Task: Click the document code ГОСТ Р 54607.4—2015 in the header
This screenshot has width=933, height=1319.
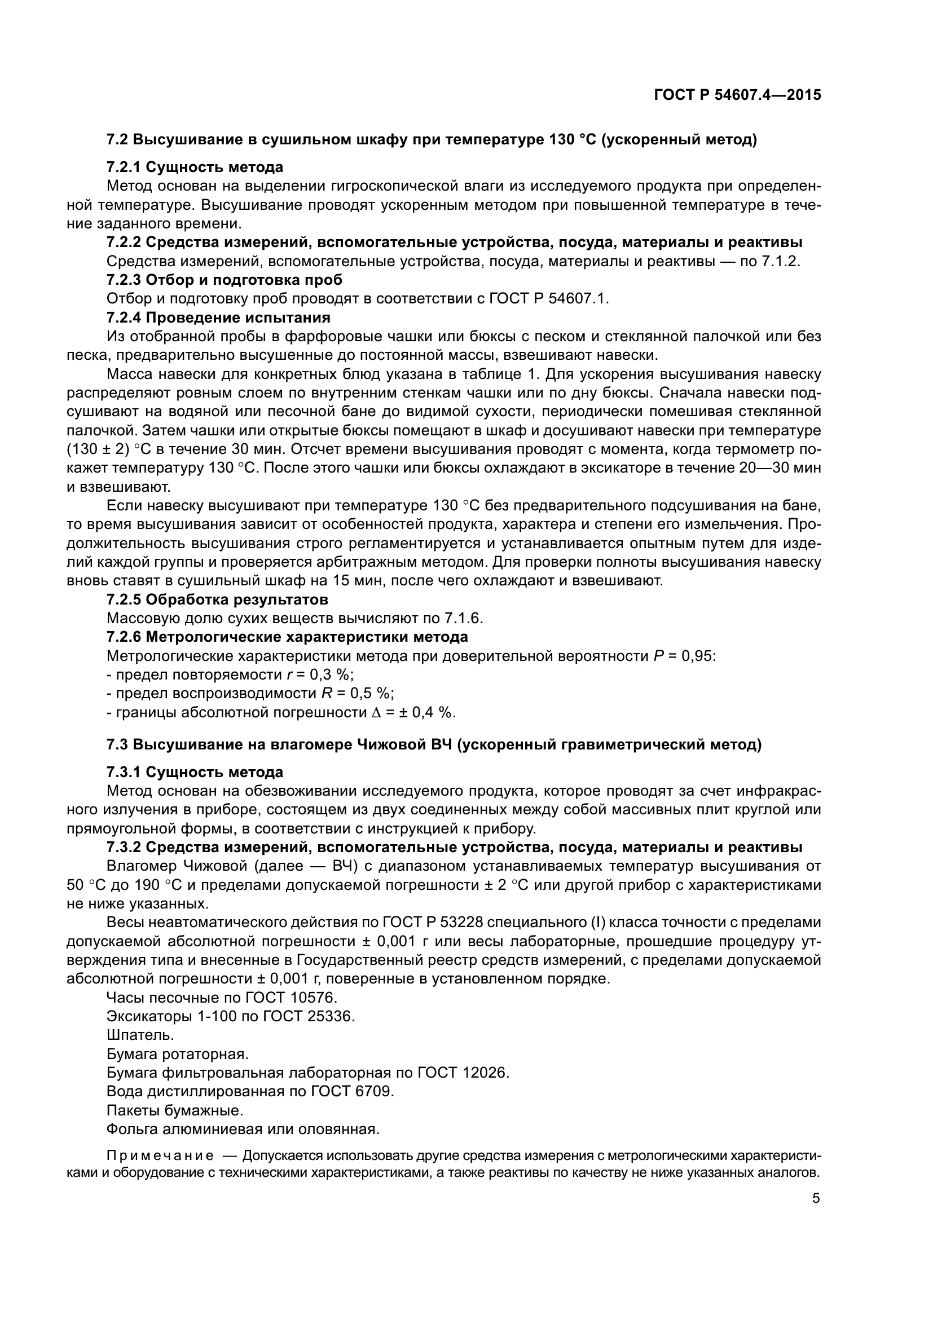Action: tap(737, 95)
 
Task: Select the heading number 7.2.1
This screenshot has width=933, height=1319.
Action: tap(124, 167)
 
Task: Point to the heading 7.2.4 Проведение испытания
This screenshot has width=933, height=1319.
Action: tap(218, 317)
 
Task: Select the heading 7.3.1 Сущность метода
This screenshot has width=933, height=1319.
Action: tap(195, 771)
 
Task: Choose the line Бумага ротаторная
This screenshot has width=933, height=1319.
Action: tap(177, 1054)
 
